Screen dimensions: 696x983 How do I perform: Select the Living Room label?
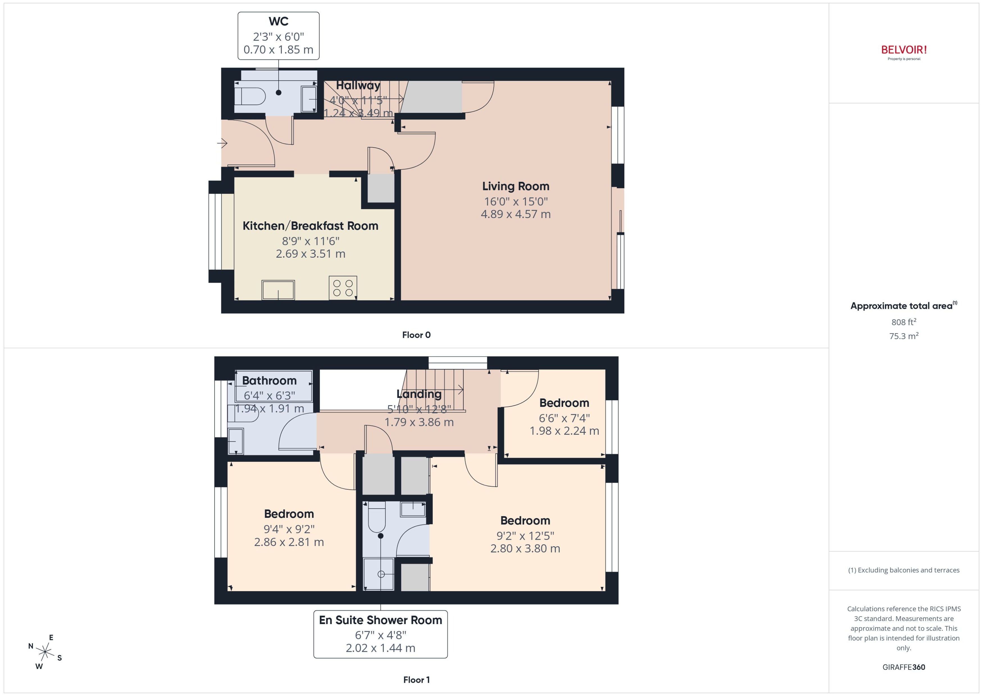click(515, 186)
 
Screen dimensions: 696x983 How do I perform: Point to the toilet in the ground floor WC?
click(250, 96)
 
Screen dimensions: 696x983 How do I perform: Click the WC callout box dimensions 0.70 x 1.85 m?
click(278, 50)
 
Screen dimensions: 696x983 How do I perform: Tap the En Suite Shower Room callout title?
click(380, 620)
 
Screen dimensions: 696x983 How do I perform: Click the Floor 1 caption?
click(416, 680)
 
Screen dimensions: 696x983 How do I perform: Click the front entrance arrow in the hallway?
click(223, 143)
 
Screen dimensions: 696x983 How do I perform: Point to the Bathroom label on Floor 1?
click(269, 380)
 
